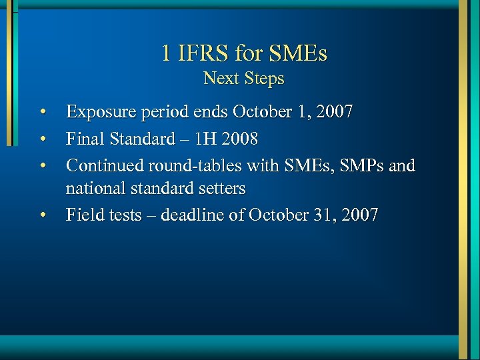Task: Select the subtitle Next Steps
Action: pyautogui.click(x=244, y=79)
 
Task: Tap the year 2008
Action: pyautogui.click(x=242, y=139)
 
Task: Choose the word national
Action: pyautogui.click(x=95, y=189)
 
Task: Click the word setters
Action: pyautogui.click(x=219, y=189)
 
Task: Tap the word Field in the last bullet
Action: pyautogui.click(x=83, y=215)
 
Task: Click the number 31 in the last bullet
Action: pyautogui.click(x=321, y=215)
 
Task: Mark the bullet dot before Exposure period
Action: pyautogui.click(x=43, y=111)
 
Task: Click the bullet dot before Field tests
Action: pyautogui.click(x=43, y=215)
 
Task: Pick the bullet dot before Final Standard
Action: pyautogui.click(x=43, y=139)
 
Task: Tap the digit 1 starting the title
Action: pyautogui.click(x=167, y=53)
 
